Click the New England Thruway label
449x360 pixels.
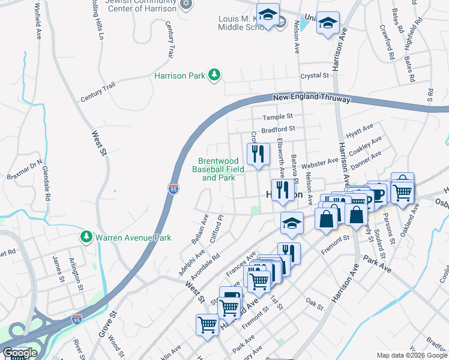[x=311, y=97]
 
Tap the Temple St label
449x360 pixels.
[x=280, y=116]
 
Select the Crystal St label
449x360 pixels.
[x=315, y=76]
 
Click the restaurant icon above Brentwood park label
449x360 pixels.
[x=258, y=154]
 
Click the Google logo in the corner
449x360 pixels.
[x=20, y=353]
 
